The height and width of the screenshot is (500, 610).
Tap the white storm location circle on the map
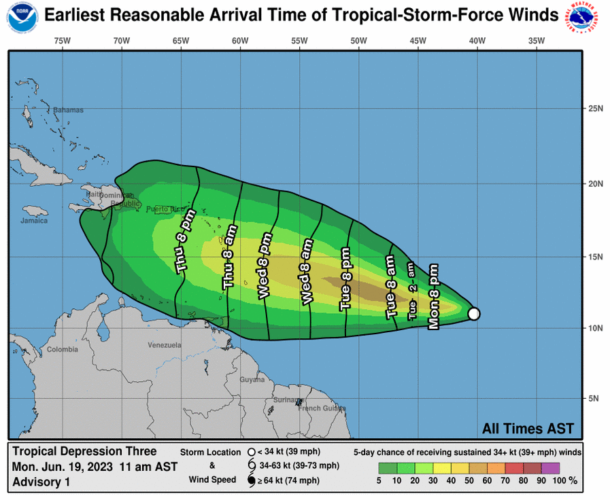(x=474, y=314)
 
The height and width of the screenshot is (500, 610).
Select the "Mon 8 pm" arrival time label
(x=434, y=297)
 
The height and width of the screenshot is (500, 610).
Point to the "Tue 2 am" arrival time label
(x=412, y=291)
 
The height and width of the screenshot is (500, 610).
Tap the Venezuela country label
(x=165, y=345)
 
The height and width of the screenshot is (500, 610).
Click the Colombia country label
(x=63, y=350)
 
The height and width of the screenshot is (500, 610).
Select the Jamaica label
(x=34, y=221)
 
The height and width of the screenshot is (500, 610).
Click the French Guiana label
(x=318, y=408)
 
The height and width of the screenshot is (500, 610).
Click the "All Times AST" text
(x=528, y=429)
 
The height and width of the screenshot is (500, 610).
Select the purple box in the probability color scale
(x=550, y=467)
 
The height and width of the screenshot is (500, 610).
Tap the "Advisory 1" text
(x=41, y=482)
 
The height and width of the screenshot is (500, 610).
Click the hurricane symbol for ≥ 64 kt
(x=251, y=481)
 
